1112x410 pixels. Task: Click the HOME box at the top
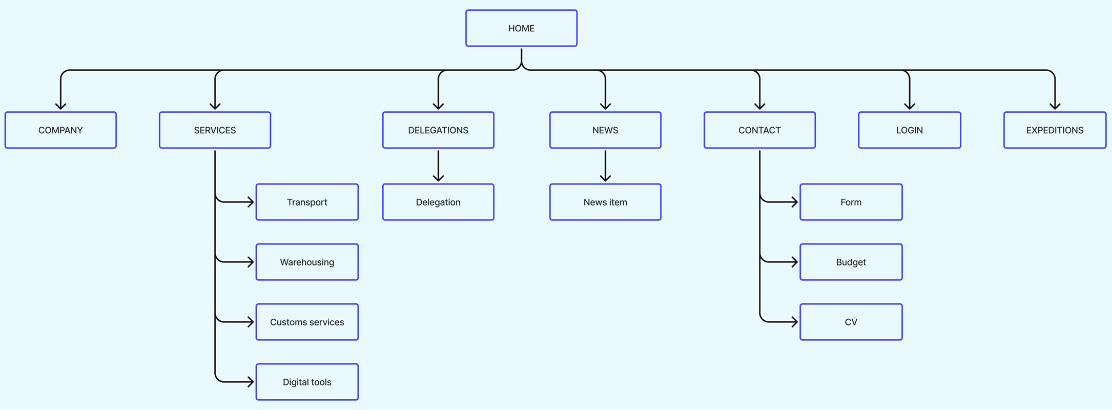521,28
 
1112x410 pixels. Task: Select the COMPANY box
60,130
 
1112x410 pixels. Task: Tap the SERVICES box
215,130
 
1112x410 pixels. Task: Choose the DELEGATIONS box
438,130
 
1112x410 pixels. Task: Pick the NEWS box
605,130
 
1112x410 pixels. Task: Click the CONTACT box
759,130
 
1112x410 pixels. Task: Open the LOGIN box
909,130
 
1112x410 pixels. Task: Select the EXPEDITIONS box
1055,130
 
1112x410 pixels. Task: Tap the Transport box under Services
307,202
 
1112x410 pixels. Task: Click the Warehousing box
307,262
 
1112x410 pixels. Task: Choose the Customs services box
307,322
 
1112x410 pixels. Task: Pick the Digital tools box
307,382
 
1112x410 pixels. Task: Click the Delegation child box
438,202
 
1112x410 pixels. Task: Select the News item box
605,202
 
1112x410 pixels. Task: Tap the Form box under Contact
851,202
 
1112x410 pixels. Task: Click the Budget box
851,262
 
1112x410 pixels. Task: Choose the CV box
851,322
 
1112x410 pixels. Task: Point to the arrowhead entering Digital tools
251,382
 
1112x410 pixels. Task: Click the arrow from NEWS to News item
605,165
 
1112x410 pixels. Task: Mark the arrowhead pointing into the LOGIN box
909,107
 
